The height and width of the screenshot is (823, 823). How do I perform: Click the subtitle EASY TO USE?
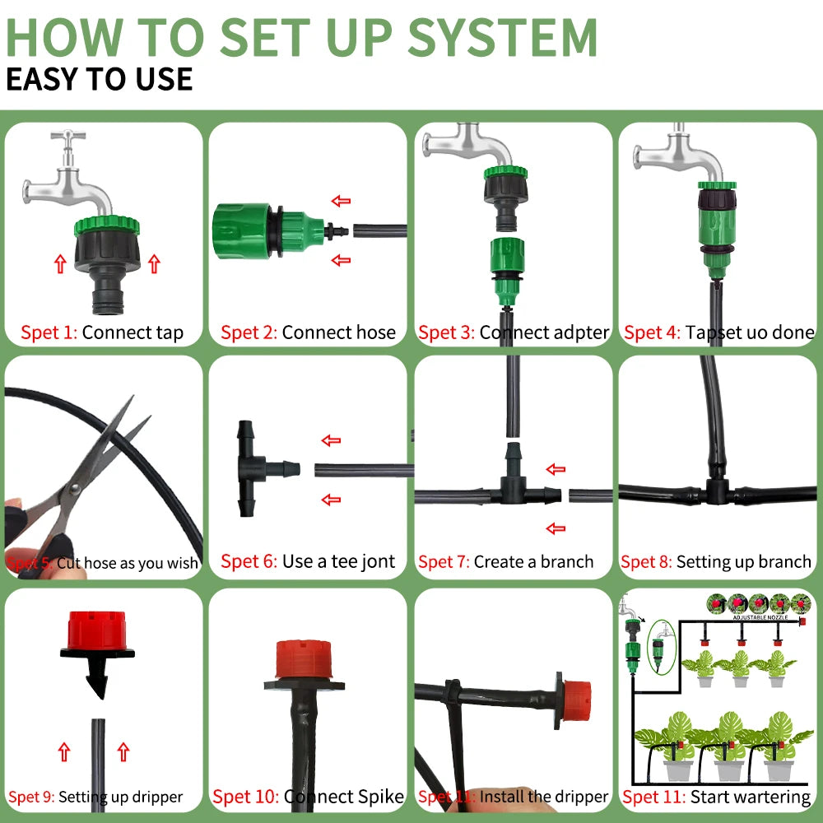(x=99, y=79)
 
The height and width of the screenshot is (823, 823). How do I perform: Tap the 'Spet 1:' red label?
(x=49, y=333)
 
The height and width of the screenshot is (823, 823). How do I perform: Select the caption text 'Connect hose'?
(x=338, y=333)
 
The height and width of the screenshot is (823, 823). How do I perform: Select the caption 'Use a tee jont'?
(x=338, y=562)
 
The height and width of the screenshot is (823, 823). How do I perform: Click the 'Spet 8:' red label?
(x=647, y=563)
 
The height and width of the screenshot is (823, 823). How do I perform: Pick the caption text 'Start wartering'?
(x=750, y=797)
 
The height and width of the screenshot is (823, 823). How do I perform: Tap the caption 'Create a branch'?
(x=533, y=562)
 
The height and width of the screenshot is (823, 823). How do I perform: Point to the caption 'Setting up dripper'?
(x=120, y=797)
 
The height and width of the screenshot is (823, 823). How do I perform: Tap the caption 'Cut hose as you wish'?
(x=128, y=564)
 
